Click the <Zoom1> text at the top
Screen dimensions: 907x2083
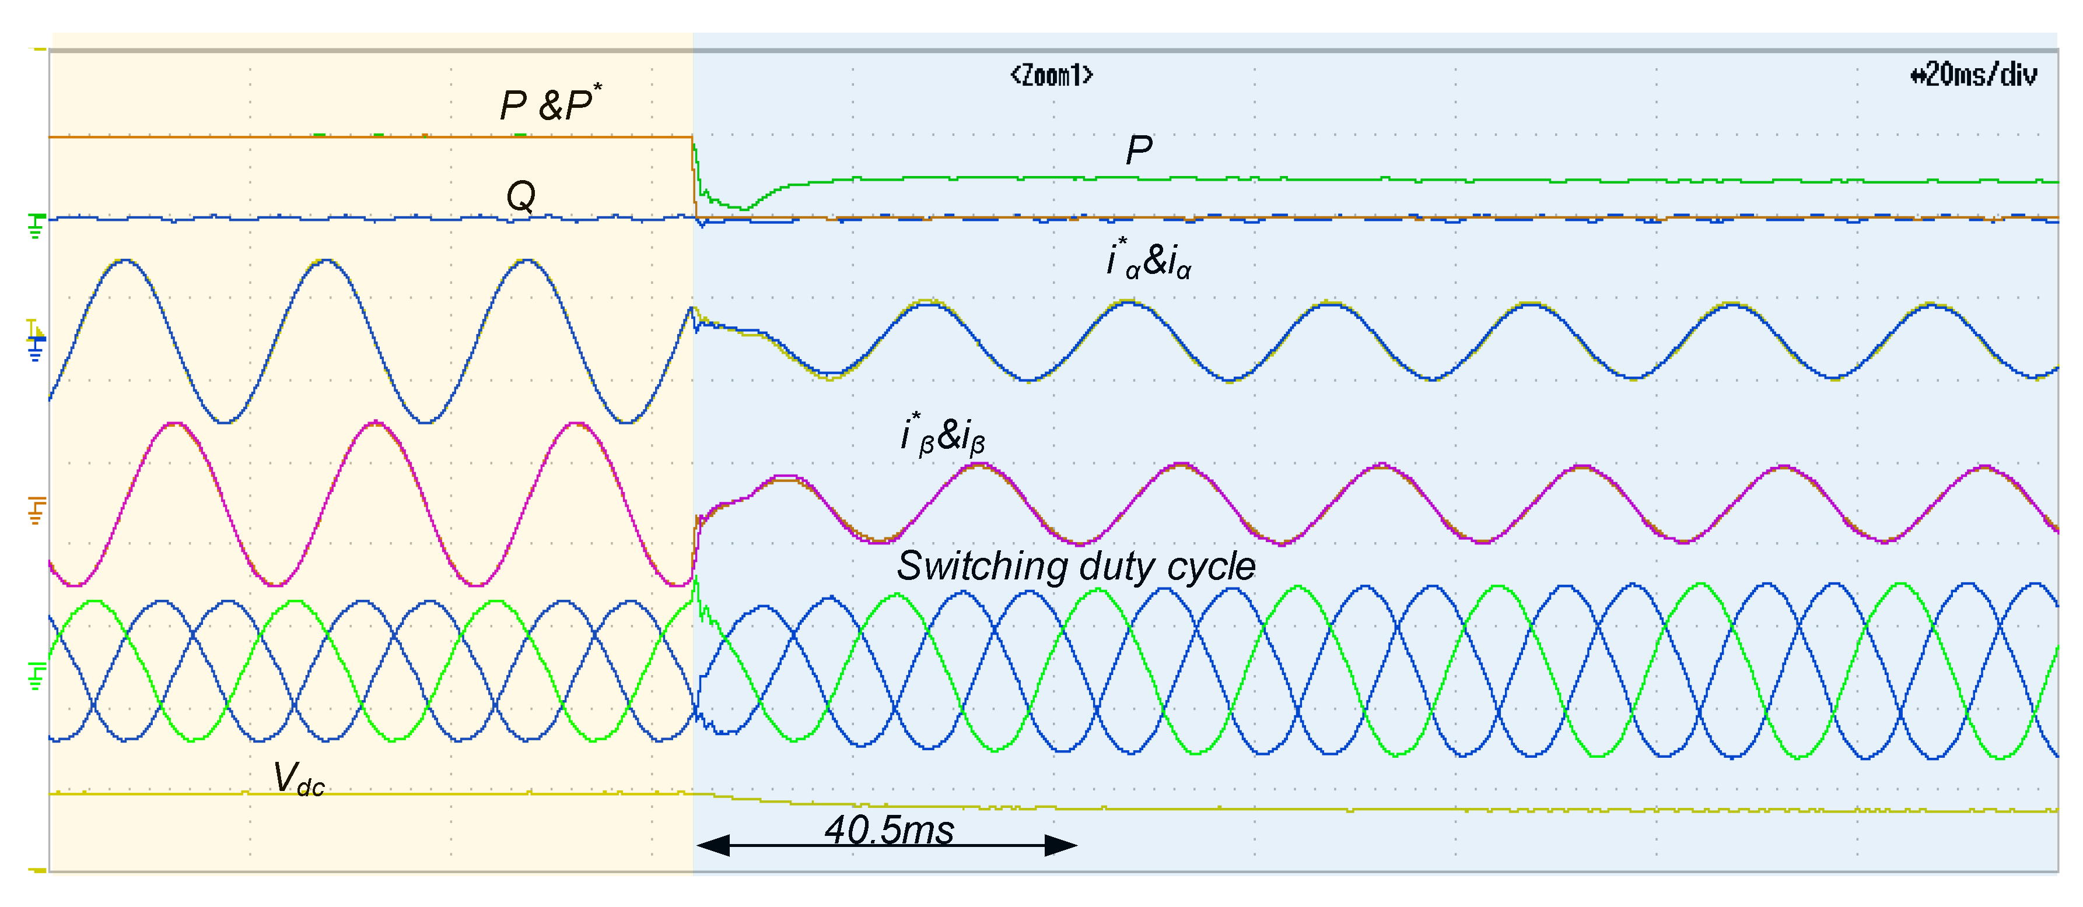coord(1051,75)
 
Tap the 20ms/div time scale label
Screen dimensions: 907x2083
coord(1974,75)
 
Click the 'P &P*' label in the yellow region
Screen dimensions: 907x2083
coord(550,104)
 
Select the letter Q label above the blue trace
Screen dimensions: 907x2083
coord(521,196)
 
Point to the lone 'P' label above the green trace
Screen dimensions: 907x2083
coord(1139,150)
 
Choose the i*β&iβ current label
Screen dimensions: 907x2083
coord(943,435)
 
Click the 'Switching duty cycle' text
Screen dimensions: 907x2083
coord(1076,566)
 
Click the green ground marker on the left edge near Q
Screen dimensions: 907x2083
coord(36,226)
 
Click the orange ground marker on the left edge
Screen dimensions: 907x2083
coord(36,511)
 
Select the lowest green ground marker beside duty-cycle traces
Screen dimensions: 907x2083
coord(36,676)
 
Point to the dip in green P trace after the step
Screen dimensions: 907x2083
coord(744,209)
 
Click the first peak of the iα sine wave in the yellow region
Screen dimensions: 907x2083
coord(124,261)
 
